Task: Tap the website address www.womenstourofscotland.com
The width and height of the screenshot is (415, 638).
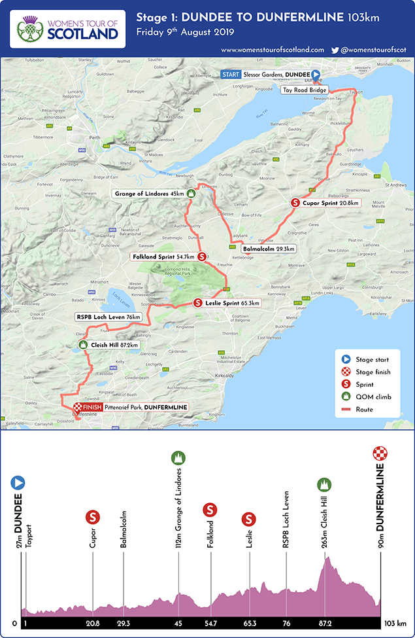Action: [x=273, y=50]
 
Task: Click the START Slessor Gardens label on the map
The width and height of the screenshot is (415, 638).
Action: [x=268, y=75]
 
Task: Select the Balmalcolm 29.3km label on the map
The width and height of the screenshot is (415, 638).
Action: [x=269, y=249]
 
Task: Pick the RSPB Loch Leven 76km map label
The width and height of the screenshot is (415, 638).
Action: [x=108, y=317]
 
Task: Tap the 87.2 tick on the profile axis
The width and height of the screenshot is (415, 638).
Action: [x=325, y=624]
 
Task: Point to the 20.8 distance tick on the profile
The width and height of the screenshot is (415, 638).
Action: [x=93, y=624]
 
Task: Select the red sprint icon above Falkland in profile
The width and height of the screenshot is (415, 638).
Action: [x=210, y=509]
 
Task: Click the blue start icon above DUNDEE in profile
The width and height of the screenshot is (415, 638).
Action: [x=18, y=483]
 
